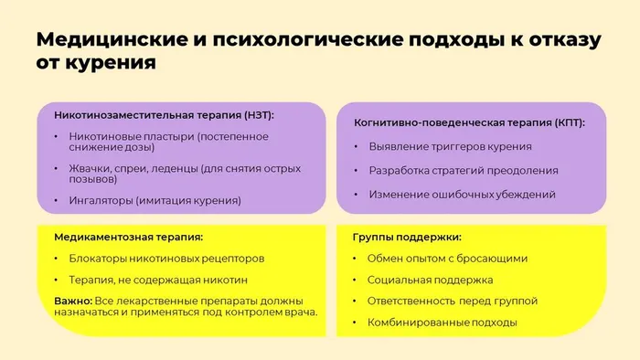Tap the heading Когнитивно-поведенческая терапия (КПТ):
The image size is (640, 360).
click(x=469, y=122)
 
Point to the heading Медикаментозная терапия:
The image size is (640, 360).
click(x=128, y=236)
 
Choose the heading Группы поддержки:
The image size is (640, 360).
click(x=407, y=236)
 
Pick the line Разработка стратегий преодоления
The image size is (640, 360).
click(x=464, y=171)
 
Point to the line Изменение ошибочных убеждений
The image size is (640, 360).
click(x=462, y=195)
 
